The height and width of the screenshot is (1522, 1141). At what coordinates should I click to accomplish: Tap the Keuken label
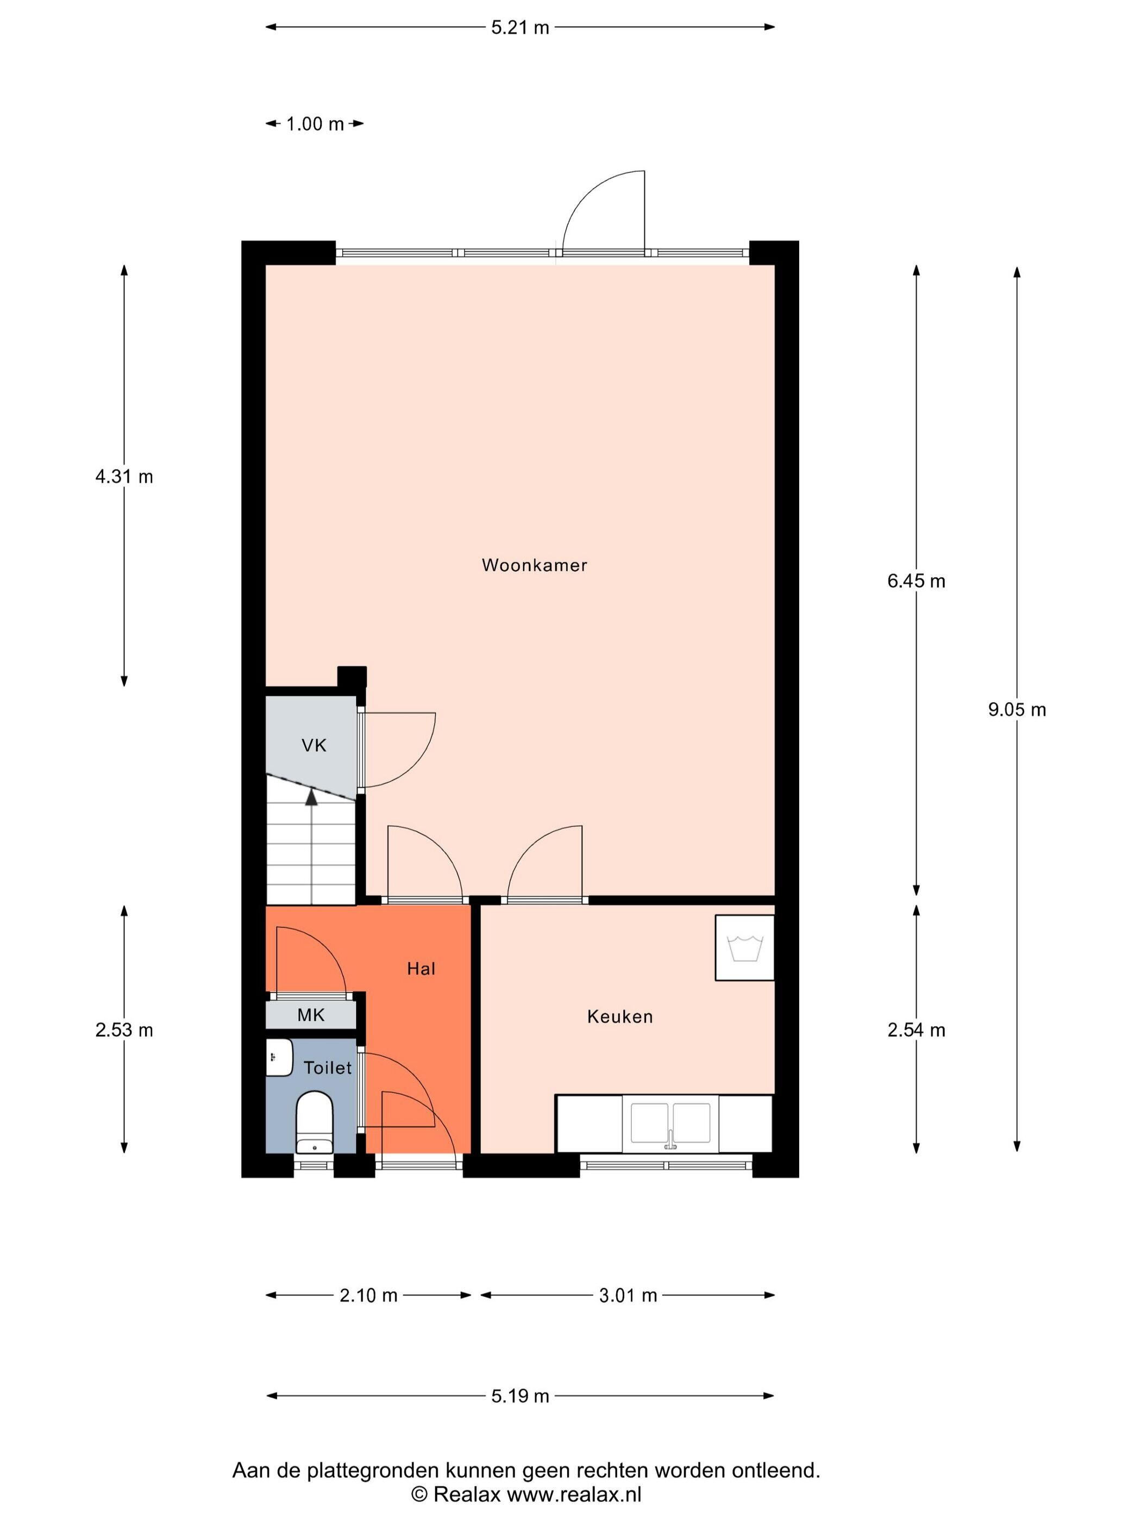620,1016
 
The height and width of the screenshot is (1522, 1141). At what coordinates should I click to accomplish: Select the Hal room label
421,969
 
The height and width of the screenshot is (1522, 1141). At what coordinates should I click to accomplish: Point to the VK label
314,745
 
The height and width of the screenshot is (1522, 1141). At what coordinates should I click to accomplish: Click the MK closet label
311,1015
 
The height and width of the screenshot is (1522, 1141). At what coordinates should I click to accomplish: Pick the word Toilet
328,1068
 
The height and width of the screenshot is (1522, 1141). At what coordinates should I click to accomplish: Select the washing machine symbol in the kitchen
744,947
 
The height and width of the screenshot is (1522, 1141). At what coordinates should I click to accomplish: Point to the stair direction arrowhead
311,797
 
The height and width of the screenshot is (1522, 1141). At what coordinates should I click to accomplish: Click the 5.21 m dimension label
520,28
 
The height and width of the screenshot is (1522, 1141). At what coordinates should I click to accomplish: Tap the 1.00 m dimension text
314,124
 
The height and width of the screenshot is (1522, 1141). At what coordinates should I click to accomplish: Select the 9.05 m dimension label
1017,709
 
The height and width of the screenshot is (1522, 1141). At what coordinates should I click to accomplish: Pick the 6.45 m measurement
916,582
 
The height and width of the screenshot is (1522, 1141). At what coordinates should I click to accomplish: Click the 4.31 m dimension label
124,476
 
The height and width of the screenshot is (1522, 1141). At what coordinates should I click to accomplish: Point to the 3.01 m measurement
628,1296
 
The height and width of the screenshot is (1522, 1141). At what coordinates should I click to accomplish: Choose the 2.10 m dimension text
368,1296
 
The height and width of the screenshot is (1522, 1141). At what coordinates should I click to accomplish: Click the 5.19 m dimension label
520,1396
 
